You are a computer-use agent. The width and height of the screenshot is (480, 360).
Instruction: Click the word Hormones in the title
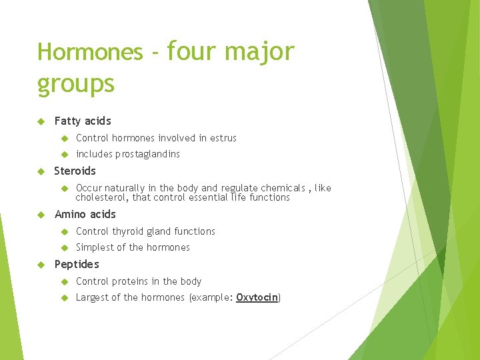click(x=89, y=51)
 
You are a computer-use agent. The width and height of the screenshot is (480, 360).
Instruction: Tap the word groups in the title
click(x=76, y=84)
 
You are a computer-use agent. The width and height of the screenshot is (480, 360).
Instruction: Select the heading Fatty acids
click(x=83, y=121)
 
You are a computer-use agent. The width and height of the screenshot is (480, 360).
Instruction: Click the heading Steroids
click(x=75, y=171)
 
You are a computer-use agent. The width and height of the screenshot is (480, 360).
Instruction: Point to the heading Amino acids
click(x=85, y=214)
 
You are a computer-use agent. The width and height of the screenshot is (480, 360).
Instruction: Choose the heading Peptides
click(x=76, y=264)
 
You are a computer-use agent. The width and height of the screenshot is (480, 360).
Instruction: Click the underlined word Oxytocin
click(x=257, y=297)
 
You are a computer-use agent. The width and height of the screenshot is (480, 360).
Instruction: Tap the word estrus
click(x=223, y=138)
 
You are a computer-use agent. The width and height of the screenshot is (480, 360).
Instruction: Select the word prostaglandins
click(x=147, y=154)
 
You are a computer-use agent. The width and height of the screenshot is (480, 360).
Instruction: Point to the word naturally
click(x=131, y=188)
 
